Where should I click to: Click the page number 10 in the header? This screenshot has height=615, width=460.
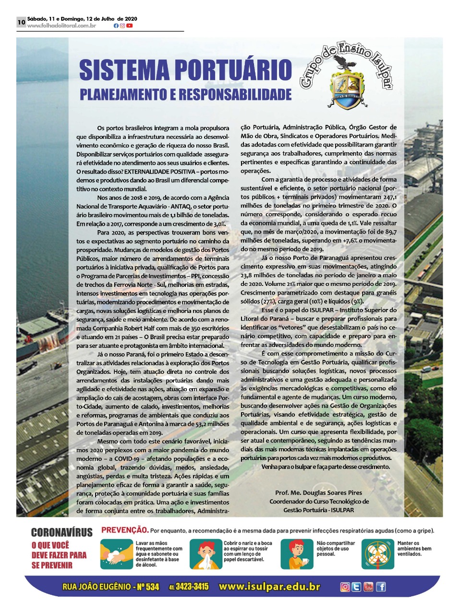(21, 22)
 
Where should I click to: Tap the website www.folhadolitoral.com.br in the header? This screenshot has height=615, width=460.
(61, 26)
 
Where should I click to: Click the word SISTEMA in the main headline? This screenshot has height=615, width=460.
(124, 70)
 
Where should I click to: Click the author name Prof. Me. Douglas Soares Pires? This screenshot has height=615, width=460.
(318, 492)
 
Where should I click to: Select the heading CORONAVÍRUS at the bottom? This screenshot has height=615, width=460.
(61, 532)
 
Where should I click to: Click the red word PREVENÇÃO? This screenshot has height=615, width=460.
(124, 530)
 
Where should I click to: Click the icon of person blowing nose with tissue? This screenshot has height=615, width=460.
(206, 554)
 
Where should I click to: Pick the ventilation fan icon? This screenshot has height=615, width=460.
(377, 554)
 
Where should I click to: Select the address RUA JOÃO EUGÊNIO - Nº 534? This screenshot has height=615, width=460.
(110, 587)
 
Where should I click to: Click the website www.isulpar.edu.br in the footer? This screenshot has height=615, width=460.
(269, 587)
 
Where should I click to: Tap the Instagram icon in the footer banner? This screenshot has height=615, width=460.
(345, 587)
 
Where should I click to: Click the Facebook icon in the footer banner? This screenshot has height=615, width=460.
(381, 587)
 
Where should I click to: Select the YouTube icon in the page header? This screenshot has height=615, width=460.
(130, 26)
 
